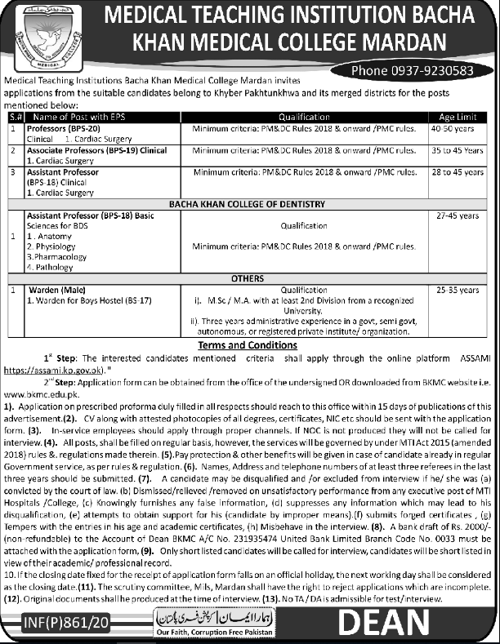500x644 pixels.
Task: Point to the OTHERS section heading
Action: pos(247,278)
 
